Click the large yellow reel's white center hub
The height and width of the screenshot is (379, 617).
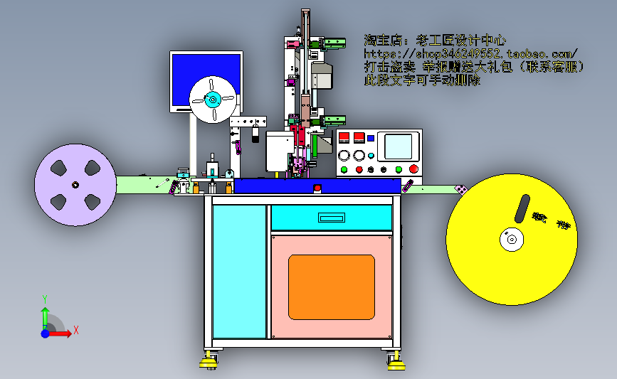[x=510, y=240]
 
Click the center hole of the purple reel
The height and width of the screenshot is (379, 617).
[x=75, y=185]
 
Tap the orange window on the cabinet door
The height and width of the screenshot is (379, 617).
[x=331, y=287]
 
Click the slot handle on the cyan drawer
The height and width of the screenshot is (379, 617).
[x=331, y=218]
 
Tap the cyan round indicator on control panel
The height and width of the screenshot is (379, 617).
[x=371, y=155]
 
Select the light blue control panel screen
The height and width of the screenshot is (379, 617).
[x=399, y=146]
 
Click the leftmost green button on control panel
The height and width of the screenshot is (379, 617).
[x=344, y=169]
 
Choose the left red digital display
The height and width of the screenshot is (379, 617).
[x=344, y=138]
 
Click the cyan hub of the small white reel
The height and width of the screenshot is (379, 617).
[x=213, y=100]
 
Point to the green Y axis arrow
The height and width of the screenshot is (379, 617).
[x=44, y=315]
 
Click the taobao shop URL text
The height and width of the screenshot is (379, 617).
[x=470, y=53]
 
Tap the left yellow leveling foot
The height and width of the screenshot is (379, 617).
[x=209, y=363]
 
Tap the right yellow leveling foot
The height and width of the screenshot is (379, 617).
[x=396, y=365]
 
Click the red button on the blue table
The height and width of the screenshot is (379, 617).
[x=317, y=188]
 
